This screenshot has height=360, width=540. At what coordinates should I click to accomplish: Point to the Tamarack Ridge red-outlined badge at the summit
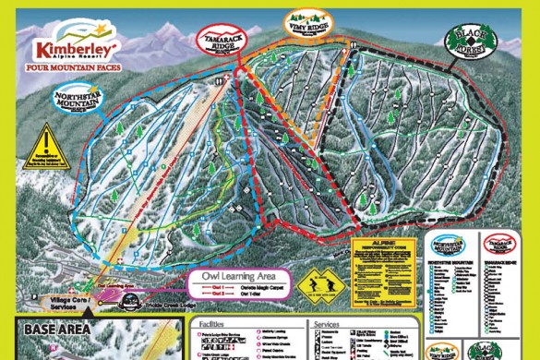218,40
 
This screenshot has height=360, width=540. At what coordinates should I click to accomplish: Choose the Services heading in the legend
328,324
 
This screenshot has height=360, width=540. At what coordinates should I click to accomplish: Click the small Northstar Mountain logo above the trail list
450,246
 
